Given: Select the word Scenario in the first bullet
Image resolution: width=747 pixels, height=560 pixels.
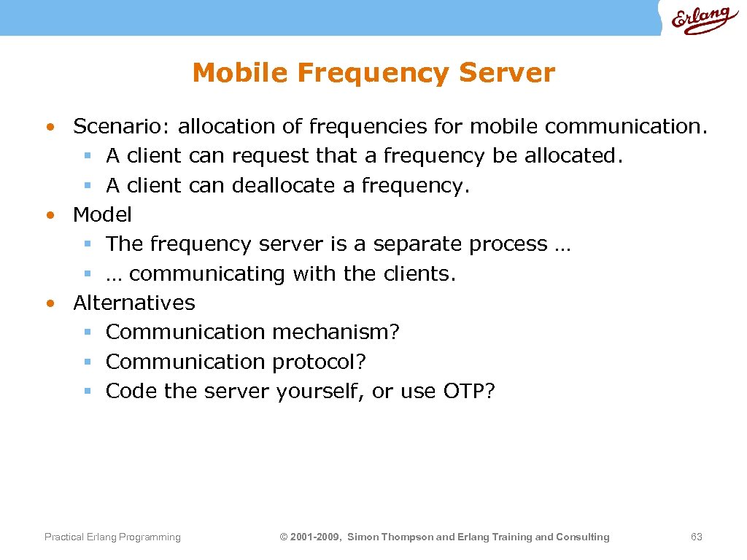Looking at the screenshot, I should point(121,127).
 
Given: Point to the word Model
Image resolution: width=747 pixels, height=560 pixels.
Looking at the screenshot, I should point(102,215).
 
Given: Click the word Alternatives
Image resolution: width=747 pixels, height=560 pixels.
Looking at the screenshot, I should point(134,303).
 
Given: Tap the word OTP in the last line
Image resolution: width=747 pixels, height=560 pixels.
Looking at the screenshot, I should point(465,392).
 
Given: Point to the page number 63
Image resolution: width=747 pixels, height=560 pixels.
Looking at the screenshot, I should point(696,537).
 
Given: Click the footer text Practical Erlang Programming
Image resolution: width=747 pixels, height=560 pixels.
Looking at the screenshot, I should point(112,537).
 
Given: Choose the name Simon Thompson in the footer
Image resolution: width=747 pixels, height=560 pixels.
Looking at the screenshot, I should point(390,537).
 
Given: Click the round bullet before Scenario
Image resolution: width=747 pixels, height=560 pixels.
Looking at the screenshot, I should point(49,128).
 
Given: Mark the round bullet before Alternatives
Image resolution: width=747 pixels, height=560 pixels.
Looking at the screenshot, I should point(49,303).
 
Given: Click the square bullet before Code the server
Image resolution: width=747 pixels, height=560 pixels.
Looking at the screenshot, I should point(87,392).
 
